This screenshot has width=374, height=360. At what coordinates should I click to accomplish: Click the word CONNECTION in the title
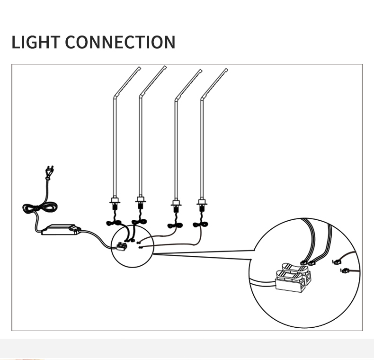point(120,42)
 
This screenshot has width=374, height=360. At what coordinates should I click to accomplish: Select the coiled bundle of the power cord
point(40,208)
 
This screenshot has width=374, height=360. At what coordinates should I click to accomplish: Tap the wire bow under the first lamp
point(114,222)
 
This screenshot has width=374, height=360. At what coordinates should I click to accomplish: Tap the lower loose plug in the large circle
point(345,271)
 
